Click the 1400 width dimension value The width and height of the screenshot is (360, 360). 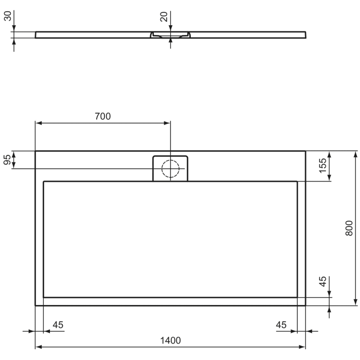point(170,340)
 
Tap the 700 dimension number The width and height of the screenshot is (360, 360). point(102,116)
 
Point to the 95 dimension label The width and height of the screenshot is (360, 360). point(7,159)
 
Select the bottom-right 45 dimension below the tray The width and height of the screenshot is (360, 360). point(280,325)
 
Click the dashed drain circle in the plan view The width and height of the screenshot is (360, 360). point(170,168)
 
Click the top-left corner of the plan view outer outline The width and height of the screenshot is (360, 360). point(35,151)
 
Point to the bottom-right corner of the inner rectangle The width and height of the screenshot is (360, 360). point(297,297)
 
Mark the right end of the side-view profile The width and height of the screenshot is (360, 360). point(306,35)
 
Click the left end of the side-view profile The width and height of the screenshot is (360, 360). point(35,35)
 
